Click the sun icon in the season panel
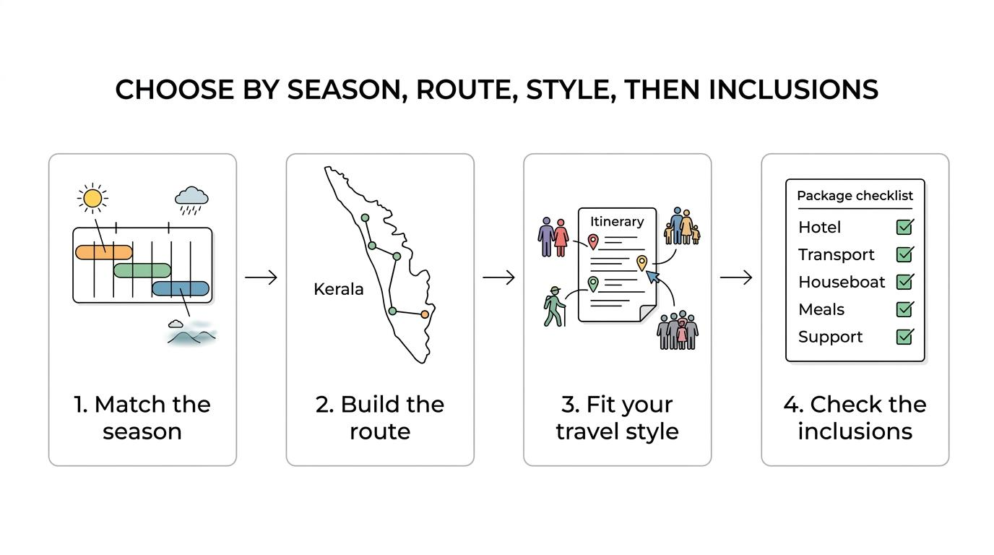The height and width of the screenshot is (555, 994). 92,198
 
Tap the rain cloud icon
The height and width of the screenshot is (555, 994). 191,199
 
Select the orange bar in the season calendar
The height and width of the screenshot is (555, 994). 104,252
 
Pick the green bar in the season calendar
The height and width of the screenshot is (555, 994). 142,270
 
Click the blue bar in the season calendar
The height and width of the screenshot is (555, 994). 181,288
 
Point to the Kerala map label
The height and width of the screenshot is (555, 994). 339,289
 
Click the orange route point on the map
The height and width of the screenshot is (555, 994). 425,314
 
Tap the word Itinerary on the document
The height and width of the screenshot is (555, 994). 617,222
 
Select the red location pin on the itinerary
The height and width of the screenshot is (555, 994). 593,241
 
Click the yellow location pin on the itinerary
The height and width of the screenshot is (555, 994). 641,262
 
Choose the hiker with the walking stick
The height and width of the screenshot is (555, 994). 554,307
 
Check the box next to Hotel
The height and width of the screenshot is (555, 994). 904,227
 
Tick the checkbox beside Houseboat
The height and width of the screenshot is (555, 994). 904,282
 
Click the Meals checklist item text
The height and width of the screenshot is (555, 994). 821,309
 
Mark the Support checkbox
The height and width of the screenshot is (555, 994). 904,337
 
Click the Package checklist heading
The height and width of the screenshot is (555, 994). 855,196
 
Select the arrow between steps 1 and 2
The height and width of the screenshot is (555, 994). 261,277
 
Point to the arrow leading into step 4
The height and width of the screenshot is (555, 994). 735,277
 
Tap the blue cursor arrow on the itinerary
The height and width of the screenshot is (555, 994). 652,277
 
